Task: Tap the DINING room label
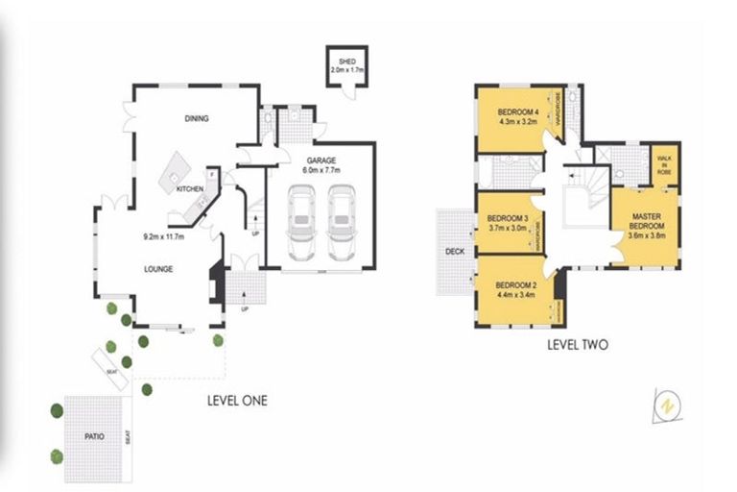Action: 197,119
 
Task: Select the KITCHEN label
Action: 190,189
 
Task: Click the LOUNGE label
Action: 159,269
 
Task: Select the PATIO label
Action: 92,435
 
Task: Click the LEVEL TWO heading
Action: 577,344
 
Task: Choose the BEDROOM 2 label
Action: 515,285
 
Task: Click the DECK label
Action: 455,254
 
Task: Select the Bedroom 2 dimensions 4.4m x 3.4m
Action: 515,296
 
